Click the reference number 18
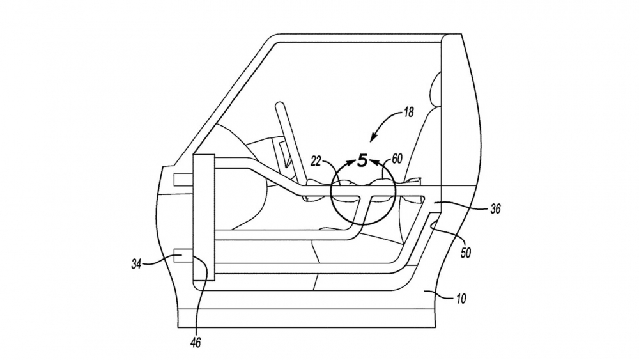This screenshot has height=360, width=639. pos(408,112)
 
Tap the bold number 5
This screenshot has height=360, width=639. pos(362,160)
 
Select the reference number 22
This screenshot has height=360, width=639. pos(316,161)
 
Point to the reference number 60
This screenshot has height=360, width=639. pos(397,158)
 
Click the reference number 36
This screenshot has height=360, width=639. pos(495,208)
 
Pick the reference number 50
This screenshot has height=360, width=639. pos(465,253)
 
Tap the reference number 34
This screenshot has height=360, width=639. pos(136,264)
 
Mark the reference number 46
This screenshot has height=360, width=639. pos(196,343)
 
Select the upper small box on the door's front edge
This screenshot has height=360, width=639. pos(183,180)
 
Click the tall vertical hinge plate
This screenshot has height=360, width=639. pos(204,217)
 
